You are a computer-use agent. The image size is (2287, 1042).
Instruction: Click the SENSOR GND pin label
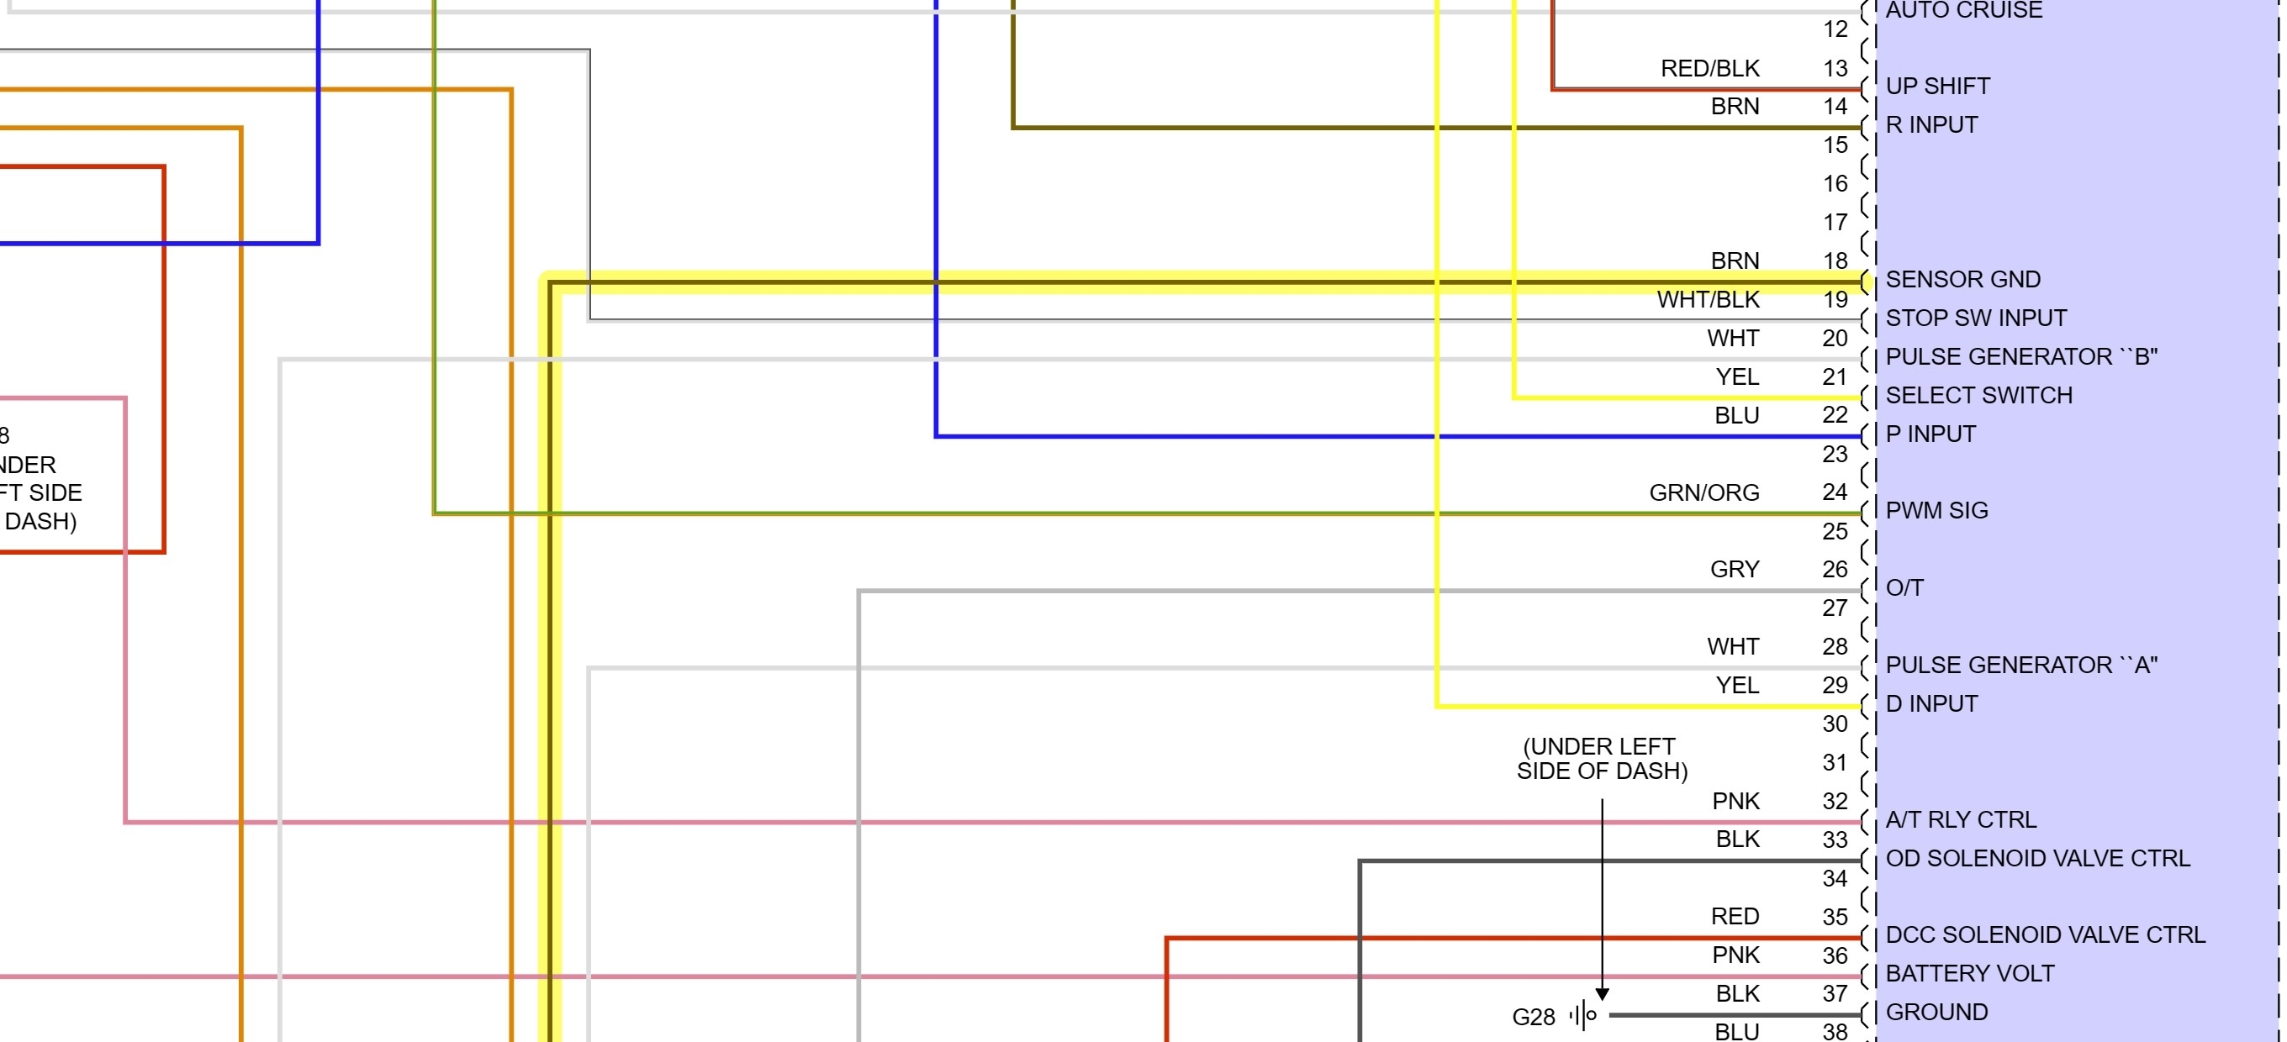1962,280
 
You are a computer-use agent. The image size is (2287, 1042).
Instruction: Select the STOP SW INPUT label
1975,318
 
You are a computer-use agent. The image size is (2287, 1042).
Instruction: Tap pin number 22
1834,415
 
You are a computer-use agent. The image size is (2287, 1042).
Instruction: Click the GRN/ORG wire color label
1703,492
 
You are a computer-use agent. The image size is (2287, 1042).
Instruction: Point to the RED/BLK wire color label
1709,68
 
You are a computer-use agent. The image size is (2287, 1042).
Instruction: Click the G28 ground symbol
1583,1014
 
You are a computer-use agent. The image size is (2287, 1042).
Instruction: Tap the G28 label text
1534,1017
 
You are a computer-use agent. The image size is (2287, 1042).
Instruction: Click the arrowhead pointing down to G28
1602,994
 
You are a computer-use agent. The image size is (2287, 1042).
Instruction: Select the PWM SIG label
1936,510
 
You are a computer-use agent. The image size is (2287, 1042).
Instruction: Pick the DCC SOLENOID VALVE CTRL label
2045,934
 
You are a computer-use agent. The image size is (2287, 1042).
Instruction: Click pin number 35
1834,917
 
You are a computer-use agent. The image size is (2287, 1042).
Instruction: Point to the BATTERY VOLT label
1969,974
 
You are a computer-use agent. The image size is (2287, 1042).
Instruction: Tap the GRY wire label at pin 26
1734,569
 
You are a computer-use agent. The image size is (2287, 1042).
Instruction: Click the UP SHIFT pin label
1937,86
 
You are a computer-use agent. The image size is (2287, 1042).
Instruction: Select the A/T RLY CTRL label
1960,819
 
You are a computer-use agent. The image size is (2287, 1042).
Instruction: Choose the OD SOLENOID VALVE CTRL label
2036,858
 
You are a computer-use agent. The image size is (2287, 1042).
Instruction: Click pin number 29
1834,685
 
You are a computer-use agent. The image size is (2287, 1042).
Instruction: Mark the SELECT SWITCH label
1978,395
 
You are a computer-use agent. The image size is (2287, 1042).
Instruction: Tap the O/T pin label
1904,587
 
